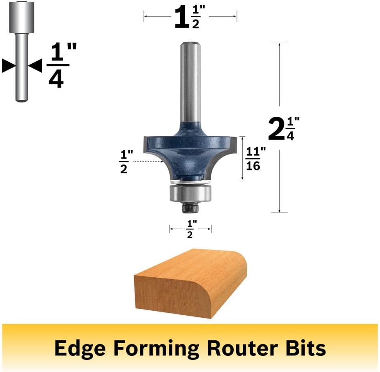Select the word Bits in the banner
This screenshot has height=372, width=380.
click(306, 348)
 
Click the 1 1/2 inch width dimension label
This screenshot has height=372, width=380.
click(190, 17)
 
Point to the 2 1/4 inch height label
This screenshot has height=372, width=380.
click(284, 129)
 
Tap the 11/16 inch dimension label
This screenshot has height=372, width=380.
click(256, 159)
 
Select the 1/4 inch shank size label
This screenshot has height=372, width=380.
click(61, 65)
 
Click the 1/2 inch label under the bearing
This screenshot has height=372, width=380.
click(190, 229)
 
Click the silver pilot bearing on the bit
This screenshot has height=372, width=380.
click(190, 194)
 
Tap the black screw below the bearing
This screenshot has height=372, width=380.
click(190, 207)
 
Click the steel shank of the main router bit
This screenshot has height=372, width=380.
click(190, 82)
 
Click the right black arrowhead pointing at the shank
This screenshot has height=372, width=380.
click(35, 66)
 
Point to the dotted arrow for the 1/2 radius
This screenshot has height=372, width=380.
click(148, 161)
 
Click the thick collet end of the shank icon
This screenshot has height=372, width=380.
click(21, 17)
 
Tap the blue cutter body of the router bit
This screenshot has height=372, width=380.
click(190, 153)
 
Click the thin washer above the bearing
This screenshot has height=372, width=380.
click(190, 182)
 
